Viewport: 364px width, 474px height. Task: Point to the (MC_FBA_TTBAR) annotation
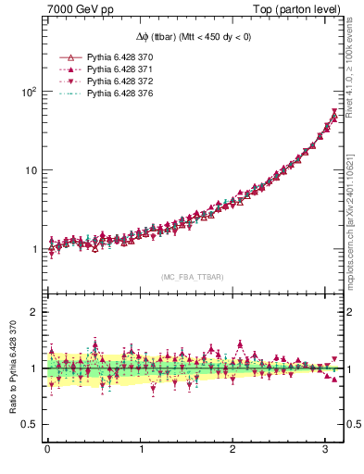(x=193, y=278)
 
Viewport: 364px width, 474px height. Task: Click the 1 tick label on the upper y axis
(x=32, y=249)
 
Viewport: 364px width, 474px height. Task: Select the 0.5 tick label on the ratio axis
(x=28, y=424)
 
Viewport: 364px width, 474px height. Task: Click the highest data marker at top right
(x=334, y=113)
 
